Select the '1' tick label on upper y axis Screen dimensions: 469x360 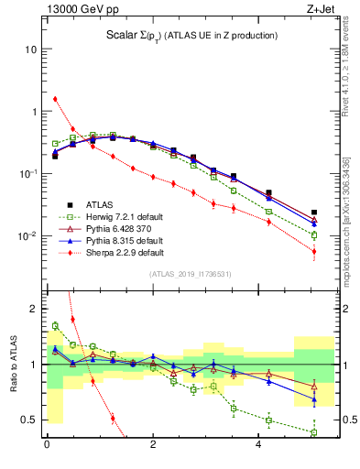[x=35, y=111]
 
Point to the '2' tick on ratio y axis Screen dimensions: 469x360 [x=34, y=309]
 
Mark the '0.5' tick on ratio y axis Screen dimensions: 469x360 [x=29, y=420]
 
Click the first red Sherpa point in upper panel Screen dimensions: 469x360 [x=55, y=99]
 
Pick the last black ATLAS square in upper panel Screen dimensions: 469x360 [x=314, y=213]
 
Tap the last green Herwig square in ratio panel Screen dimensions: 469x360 [x=314, y=432]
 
